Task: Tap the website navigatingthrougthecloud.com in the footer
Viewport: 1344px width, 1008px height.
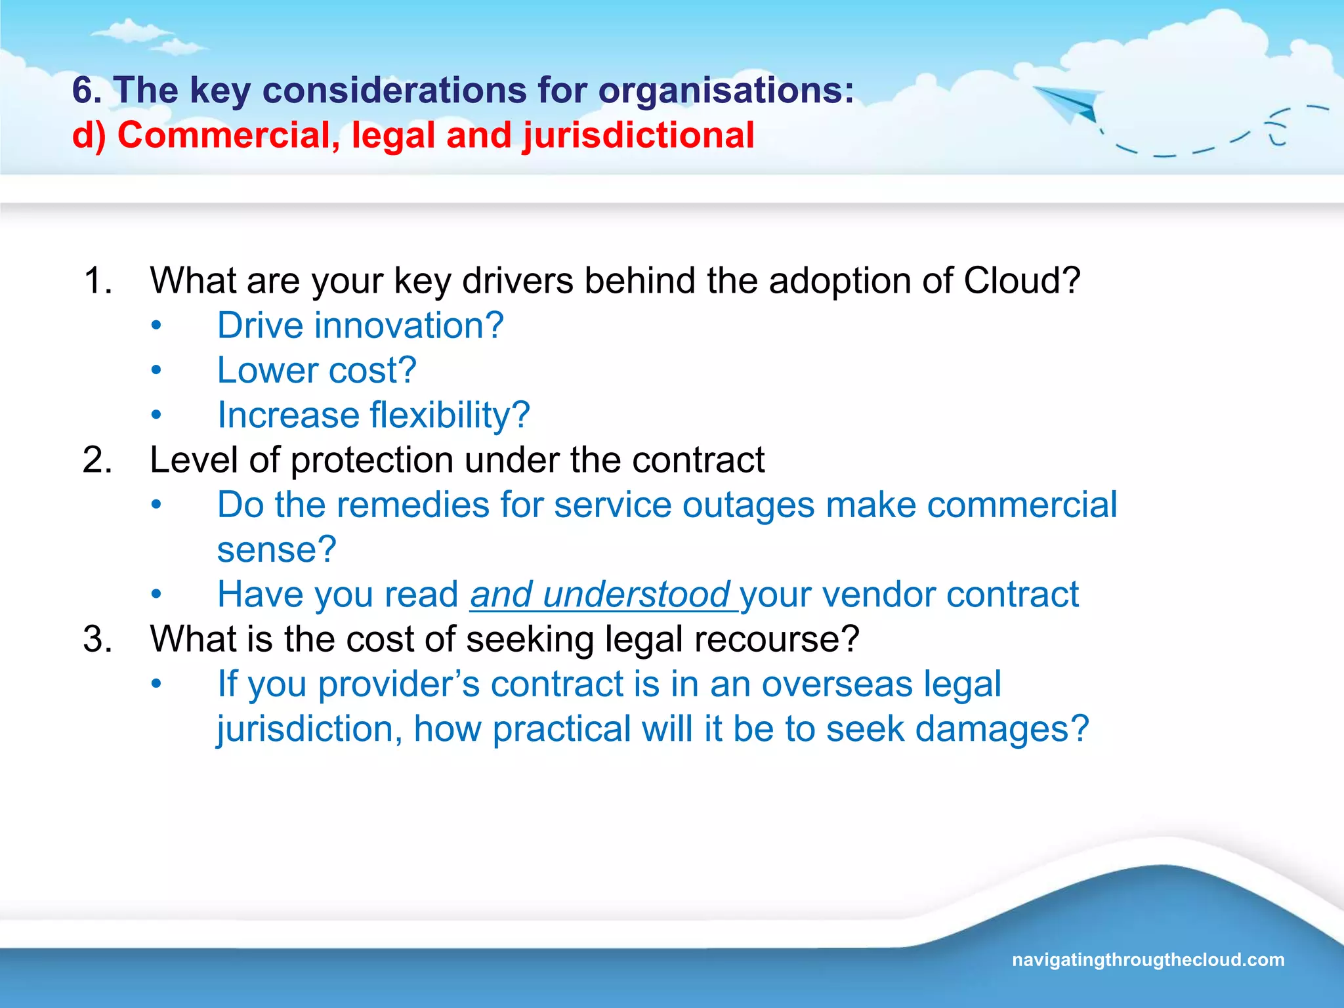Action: [x=1148, y=959]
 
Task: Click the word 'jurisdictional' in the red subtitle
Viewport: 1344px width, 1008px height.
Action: [x=638, y=136]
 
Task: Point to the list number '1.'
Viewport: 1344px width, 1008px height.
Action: [x=98, y=281]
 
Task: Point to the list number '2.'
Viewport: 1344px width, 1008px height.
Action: [x=98, y=460]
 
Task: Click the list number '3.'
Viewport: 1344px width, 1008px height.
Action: [x=98, y=639]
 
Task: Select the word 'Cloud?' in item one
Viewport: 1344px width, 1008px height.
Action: [x=1021, y=281]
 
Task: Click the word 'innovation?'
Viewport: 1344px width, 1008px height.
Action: [x=409, y=325]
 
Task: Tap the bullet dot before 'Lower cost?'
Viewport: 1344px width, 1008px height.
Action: [x=156, y=371]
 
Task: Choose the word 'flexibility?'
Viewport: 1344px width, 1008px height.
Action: [x=450, y=415]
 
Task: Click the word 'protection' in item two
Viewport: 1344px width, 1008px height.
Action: [x=371, y=460]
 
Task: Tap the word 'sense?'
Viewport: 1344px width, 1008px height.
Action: [x=276, y=550]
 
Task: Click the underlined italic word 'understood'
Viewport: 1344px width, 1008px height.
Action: [x=636, y=595]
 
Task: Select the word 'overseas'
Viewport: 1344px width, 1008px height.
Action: [x=837, y=684]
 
